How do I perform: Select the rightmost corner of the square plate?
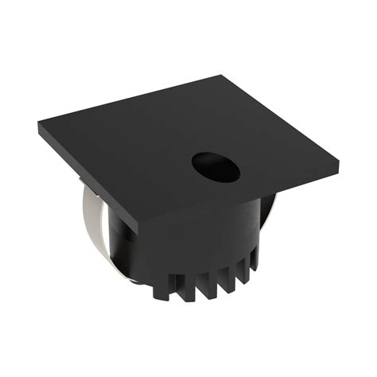pos(337,168)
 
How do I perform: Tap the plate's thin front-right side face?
pos(239,201)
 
